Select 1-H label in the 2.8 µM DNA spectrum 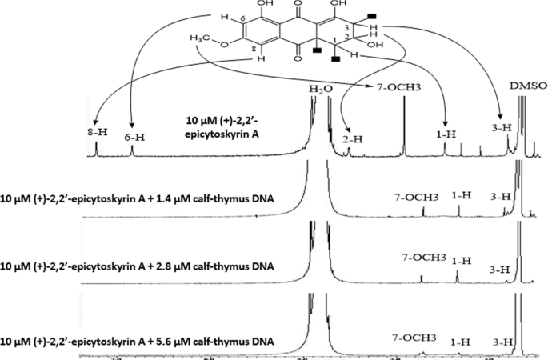[461, 262]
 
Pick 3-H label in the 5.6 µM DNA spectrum [504, 342]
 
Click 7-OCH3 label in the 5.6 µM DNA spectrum [412, 338]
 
